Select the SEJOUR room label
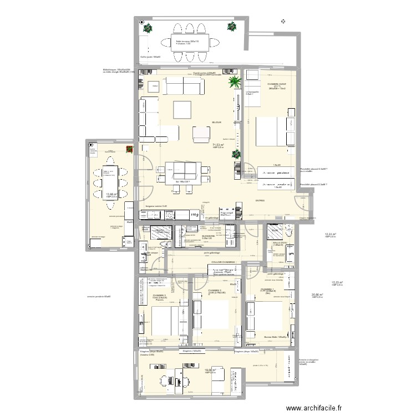point(216,122)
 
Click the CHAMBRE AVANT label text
point(277,84)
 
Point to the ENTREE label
point(260,201)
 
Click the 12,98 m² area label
point(111,194)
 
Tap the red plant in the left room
point(129,149)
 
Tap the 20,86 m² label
point(317,295)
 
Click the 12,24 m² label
point(329,235)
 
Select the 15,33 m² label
point(337,282)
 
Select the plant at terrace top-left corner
point(148,28)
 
